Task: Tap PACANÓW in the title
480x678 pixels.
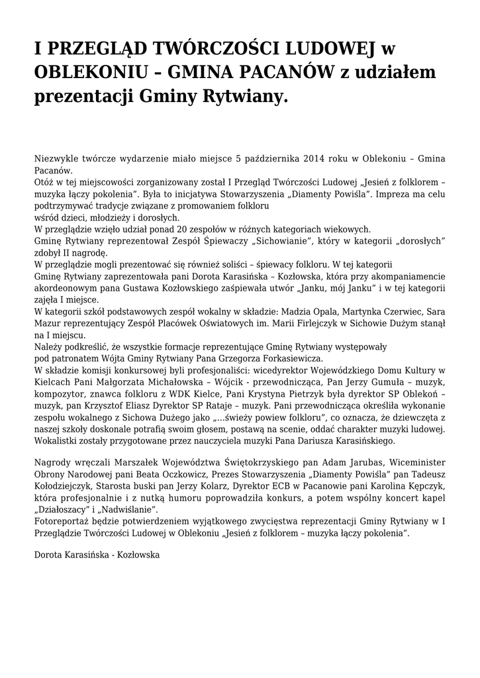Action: click(x=294, y=72)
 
